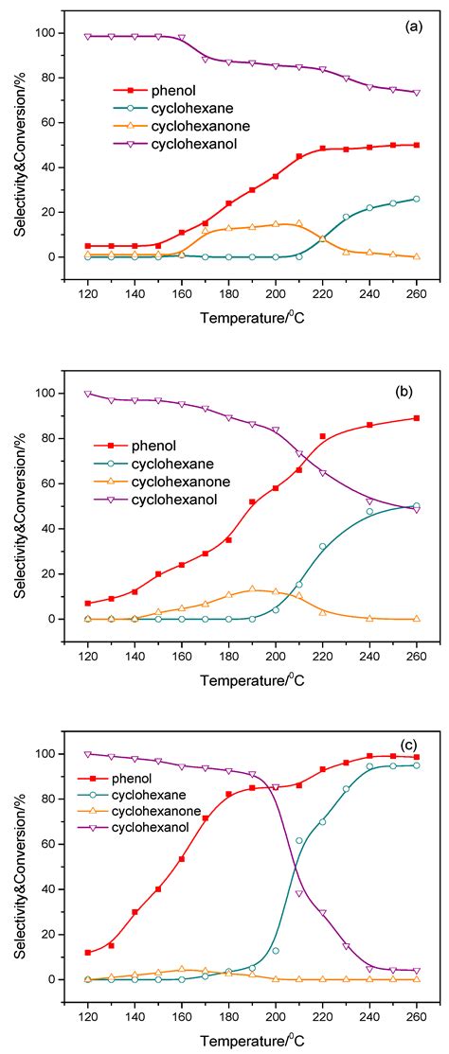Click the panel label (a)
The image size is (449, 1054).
tap(413, 27)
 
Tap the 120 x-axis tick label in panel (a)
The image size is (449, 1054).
tap(88, 289)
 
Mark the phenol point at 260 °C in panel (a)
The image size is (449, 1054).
tap(416, 145)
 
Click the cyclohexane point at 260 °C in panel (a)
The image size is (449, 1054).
tap(416, 199)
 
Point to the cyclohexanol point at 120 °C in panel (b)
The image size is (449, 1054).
tap(88, 393)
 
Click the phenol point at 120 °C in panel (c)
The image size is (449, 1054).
tap(88, 952)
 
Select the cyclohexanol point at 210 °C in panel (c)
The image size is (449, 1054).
tap(298, 893)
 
